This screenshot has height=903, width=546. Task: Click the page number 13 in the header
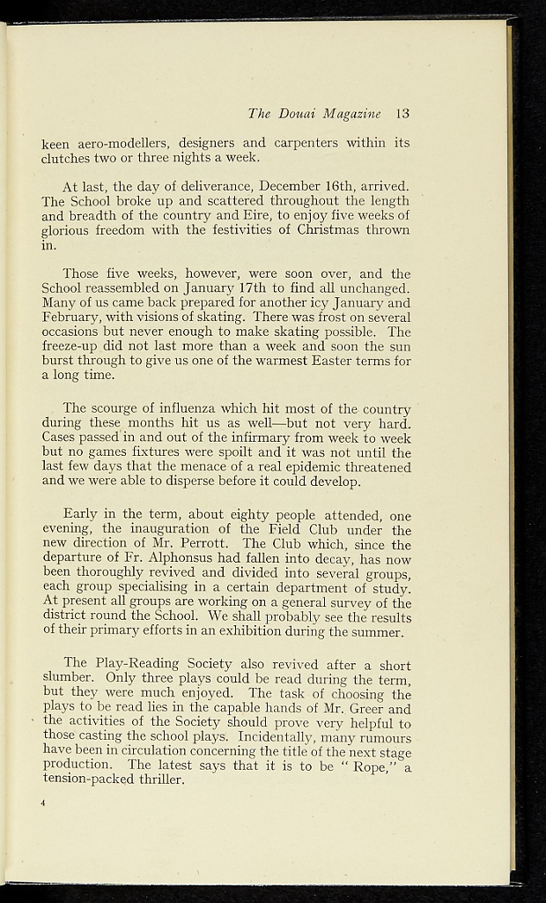tap(403, 113)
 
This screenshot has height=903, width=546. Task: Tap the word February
tap(73, 317)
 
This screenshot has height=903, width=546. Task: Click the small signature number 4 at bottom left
tap(43, 803)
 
